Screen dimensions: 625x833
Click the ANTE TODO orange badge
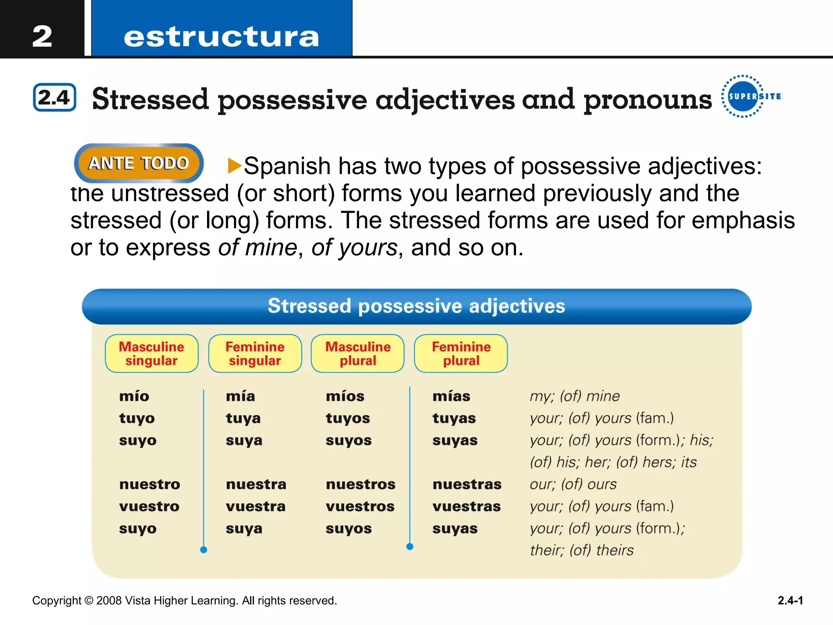139,163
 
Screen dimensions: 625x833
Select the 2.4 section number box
55,97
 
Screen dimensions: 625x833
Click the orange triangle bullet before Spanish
235,166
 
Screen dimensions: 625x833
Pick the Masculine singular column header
151,353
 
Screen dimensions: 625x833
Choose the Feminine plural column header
461,353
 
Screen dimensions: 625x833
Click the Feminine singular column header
255,353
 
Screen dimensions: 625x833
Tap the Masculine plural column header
358,353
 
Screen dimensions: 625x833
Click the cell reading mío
134,396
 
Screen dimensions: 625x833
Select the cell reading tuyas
454,418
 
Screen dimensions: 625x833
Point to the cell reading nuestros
360,484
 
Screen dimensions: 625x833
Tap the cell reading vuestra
256,506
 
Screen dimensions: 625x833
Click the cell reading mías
451,396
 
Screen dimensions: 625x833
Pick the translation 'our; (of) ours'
573,484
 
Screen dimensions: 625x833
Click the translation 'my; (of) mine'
575,396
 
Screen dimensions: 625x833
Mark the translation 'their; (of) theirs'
582,550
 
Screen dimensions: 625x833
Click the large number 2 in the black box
42,36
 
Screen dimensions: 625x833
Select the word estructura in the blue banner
221,37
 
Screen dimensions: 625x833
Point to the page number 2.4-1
790,601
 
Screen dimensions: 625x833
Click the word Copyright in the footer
57,601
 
